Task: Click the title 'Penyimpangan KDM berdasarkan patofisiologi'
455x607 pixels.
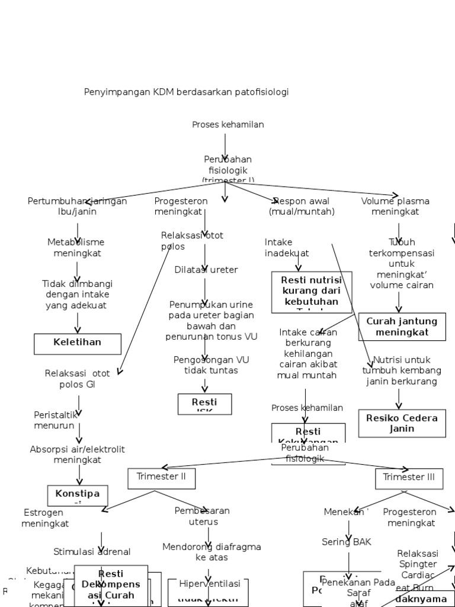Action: (186, 92)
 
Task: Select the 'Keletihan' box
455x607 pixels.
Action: (78, 343)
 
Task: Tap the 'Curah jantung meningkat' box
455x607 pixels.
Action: (402, 327)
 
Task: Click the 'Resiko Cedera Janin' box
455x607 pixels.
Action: (402, 423)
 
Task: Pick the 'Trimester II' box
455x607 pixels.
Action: (161, 478)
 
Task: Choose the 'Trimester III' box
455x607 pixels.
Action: (409, 478)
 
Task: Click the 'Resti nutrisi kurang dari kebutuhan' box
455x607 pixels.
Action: (312, 292)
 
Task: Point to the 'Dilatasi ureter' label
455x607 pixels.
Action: (206, 270)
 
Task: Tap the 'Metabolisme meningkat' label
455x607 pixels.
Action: (76, 248)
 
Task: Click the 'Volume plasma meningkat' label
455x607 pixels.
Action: (395, 206)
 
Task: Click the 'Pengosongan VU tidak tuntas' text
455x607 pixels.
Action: (206, 365)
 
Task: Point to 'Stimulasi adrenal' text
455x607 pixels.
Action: (92, 552)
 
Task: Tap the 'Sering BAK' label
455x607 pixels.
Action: (347, 542)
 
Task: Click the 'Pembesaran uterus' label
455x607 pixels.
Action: (203, 516)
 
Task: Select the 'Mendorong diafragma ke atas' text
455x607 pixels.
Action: (212, 552)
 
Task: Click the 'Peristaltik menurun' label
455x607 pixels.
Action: (55, 420)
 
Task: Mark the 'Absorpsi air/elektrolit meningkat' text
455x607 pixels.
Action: (78, 455)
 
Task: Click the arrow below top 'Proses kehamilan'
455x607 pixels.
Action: (225, 146)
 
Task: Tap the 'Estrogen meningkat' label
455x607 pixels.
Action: (45, 518)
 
